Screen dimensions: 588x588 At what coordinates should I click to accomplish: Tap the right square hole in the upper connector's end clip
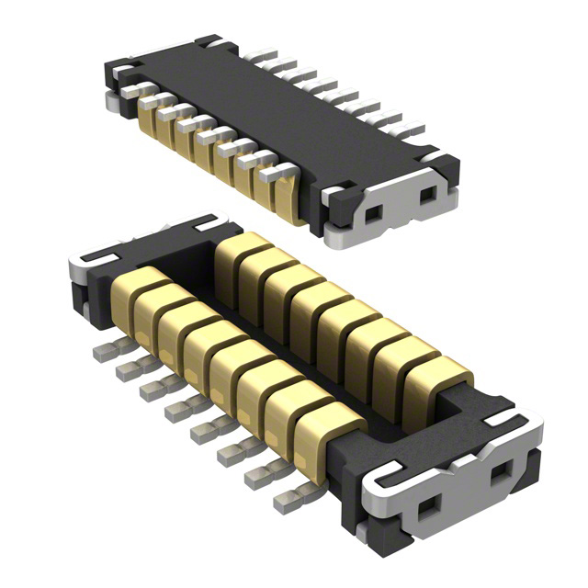(x=426, y=195)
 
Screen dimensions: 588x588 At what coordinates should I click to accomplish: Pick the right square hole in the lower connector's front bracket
(x=501, y=475)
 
